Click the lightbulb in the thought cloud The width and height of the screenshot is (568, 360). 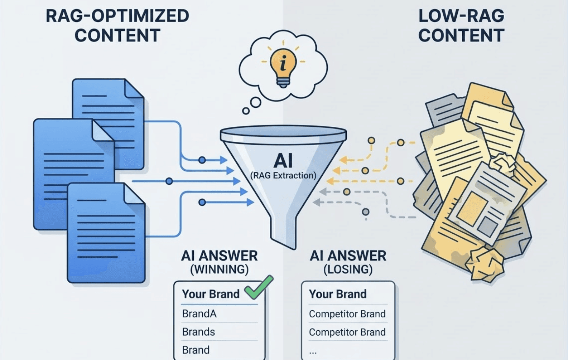pyautogui.click(x=283, y=67)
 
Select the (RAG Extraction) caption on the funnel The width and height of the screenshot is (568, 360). pyautogui.click(x=283, y=175)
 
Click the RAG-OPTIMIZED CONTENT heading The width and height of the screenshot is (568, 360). pyautogui.click(x=117, y=26)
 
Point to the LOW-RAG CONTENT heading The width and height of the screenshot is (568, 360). pyautogui.click(x=461, y=26)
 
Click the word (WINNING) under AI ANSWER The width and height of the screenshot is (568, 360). pyautogui.click(x=219, y=269)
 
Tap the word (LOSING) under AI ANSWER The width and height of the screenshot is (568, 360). pyautogui.click(x=348, y=269)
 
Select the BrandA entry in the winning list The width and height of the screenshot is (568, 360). pyautogui.click(x=199, y=314)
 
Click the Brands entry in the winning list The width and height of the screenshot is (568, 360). pyautogui.click(x=198, y=332)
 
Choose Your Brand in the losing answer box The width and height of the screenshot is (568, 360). pyautogui.click(x=338, y=294)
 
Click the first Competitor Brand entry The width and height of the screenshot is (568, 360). pyautogui.click(x=347, y=314)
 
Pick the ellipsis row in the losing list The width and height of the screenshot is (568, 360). pyautogui.click(x=313, y=351)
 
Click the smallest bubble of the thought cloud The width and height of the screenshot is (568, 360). pyautogui.click(x=246, y=111)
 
